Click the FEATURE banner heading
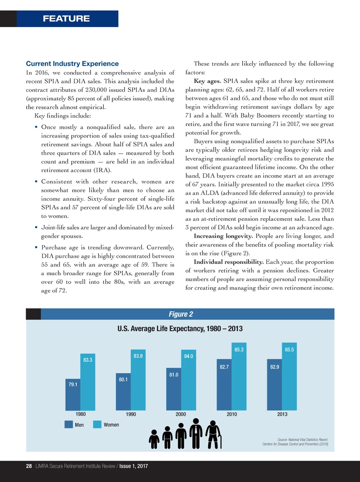[x=66, y=19]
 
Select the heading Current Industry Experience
[x=72, y=64]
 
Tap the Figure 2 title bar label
[x=181, y=314]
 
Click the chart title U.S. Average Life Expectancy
[x=180, y=329]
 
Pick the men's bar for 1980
[x=73, y=396]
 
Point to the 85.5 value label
[x=289, y=350]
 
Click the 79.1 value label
[x=73, y=385]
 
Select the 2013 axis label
[x=282, y=414]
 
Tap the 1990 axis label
[x=131, y=414]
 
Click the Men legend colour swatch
[x=69, y=424]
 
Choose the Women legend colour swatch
[x=97, y=424]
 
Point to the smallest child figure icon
[x=154, y=440]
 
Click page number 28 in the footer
[x=29, y=466]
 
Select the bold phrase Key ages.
[x=207, y=81]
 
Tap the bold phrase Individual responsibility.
[x=229, y=262]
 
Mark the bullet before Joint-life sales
[x=36, y=227]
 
